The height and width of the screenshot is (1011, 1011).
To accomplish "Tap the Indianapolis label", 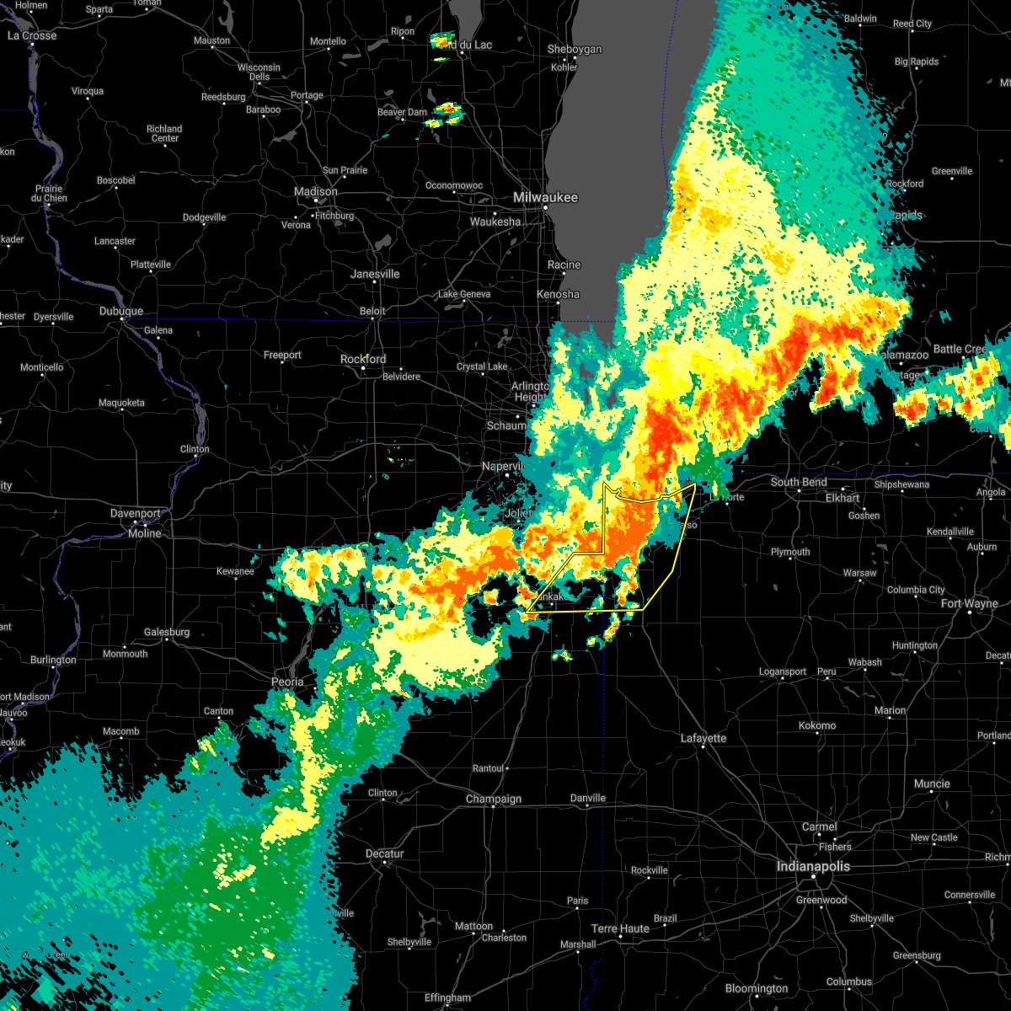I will (813, 866).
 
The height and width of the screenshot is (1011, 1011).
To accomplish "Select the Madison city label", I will (316, 191).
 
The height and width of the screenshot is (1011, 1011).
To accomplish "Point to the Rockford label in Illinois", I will (363, 359).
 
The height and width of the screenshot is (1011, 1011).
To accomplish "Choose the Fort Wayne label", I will (969, 603).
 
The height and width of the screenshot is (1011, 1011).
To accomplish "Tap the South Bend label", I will (799, 482).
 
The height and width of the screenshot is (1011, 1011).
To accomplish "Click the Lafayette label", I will (703, 738).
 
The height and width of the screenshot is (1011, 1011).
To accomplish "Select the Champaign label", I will (494, 799).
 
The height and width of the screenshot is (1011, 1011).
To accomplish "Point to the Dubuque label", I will (121, 311).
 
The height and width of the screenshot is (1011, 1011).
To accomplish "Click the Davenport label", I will (135, 513).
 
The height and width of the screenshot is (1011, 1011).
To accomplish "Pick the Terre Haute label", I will (620, 928).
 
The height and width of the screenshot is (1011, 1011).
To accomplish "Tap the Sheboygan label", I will (575, 49).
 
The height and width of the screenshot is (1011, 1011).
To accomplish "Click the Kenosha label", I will (558, 294).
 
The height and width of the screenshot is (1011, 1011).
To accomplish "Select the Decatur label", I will (385, 853).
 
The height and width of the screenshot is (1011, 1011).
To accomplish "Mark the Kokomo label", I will (817, 725).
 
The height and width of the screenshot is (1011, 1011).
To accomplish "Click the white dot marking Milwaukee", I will (545, 207).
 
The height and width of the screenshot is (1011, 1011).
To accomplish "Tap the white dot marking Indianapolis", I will (813, 877).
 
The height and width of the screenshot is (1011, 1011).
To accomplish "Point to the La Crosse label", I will (32, 35).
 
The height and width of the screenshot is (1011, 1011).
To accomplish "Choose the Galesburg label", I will (166, 632).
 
